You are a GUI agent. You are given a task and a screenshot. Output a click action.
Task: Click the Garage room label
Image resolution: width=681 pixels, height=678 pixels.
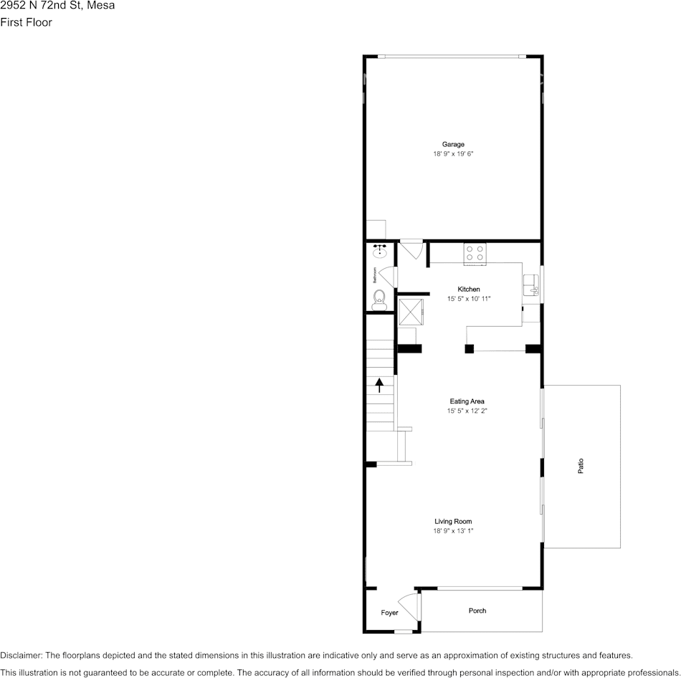pyautogui.click(x=453, y=145)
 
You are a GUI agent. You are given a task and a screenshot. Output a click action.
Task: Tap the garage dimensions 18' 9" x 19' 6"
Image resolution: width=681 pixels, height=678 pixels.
pyautogui.click(x=453, y=154)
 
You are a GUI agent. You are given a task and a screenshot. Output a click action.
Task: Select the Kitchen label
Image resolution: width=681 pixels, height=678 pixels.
pyautogui.click(x=469, y=289)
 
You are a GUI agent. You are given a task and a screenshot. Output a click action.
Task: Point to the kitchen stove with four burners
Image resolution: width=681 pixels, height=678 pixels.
pyautogui.click(x=475, y=253)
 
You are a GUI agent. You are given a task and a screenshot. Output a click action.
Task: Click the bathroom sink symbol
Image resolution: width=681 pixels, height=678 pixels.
pyautogui.click(x=379, y=252)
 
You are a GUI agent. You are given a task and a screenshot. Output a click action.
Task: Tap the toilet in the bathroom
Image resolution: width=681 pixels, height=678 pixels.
pyautogui.click(x=379, y=297)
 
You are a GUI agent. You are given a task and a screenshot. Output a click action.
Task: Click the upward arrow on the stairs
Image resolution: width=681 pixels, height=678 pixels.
pyautogui.click(x=379, y=385)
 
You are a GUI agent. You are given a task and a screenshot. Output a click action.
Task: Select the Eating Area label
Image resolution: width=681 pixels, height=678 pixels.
pyautogui.click(x=468, y=401)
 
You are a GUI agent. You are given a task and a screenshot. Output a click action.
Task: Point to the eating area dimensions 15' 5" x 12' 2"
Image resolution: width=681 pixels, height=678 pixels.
pyautogui.click(x=468, y=411)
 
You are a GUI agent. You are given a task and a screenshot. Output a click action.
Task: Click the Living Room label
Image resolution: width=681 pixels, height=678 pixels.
pyautogui.click(x=453, y=522)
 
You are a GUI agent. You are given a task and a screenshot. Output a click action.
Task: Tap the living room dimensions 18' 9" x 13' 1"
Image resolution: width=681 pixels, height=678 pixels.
pyautogui.click(x=453, y=531)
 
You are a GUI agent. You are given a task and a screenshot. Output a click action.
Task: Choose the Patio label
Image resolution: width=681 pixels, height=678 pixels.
pyautogui.click(x=581, y=466)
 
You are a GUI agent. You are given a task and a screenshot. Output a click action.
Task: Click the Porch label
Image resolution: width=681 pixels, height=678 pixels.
pyautogui.click(x=477, y=611)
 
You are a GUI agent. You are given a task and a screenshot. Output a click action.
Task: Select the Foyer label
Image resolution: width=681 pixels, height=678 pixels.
pyautogui.click(x=389, y=613)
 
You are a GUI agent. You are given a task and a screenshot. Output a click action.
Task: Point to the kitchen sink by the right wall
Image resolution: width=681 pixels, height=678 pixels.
pyautogui.click(x=532, y=285)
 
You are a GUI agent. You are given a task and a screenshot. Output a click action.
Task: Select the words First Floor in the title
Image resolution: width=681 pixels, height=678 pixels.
pyautogui.click(x=26, y=22)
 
